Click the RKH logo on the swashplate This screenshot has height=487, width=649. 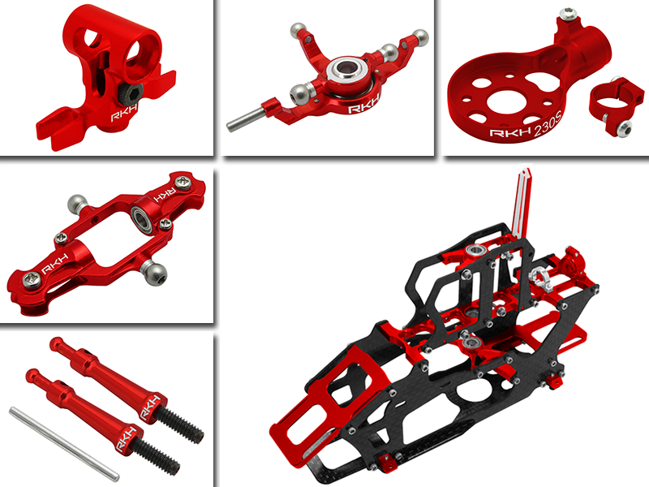pos(363,108)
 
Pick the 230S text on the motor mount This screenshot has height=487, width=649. pos(548,134)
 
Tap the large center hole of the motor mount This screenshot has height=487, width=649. pos(514,89)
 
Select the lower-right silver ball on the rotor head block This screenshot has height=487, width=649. pos(155,271)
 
